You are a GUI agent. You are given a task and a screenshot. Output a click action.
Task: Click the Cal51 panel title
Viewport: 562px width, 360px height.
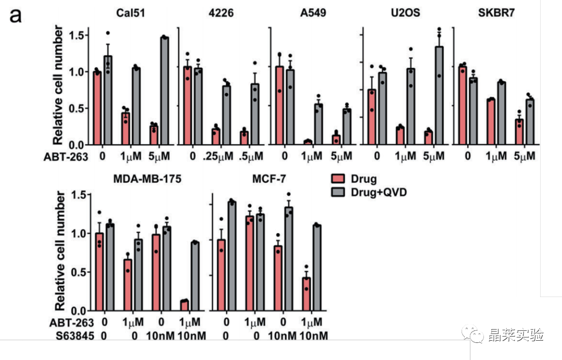click(x=131, y=13)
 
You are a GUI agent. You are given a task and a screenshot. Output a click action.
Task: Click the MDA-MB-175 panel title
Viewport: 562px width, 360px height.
click(x=147, y=179)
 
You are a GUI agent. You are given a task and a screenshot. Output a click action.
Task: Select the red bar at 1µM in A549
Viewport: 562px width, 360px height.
click(x=308, y=142)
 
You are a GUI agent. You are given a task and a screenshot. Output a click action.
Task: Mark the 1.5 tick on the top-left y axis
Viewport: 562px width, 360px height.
click(x=80, y=35)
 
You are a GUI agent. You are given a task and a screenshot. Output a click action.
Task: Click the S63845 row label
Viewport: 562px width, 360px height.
click(x=75, y=336)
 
